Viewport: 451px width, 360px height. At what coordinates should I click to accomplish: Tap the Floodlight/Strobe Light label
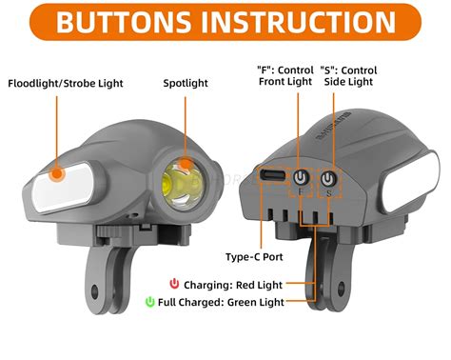pos(68,83)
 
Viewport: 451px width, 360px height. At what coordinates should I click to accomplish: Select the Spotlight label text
pos(186,83)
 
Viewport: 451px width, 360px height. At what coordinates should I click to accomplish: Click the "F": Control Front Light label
pos(284,75)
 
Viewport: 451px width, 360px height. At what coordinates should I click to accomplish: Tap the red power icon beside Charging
pos(174,283)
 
